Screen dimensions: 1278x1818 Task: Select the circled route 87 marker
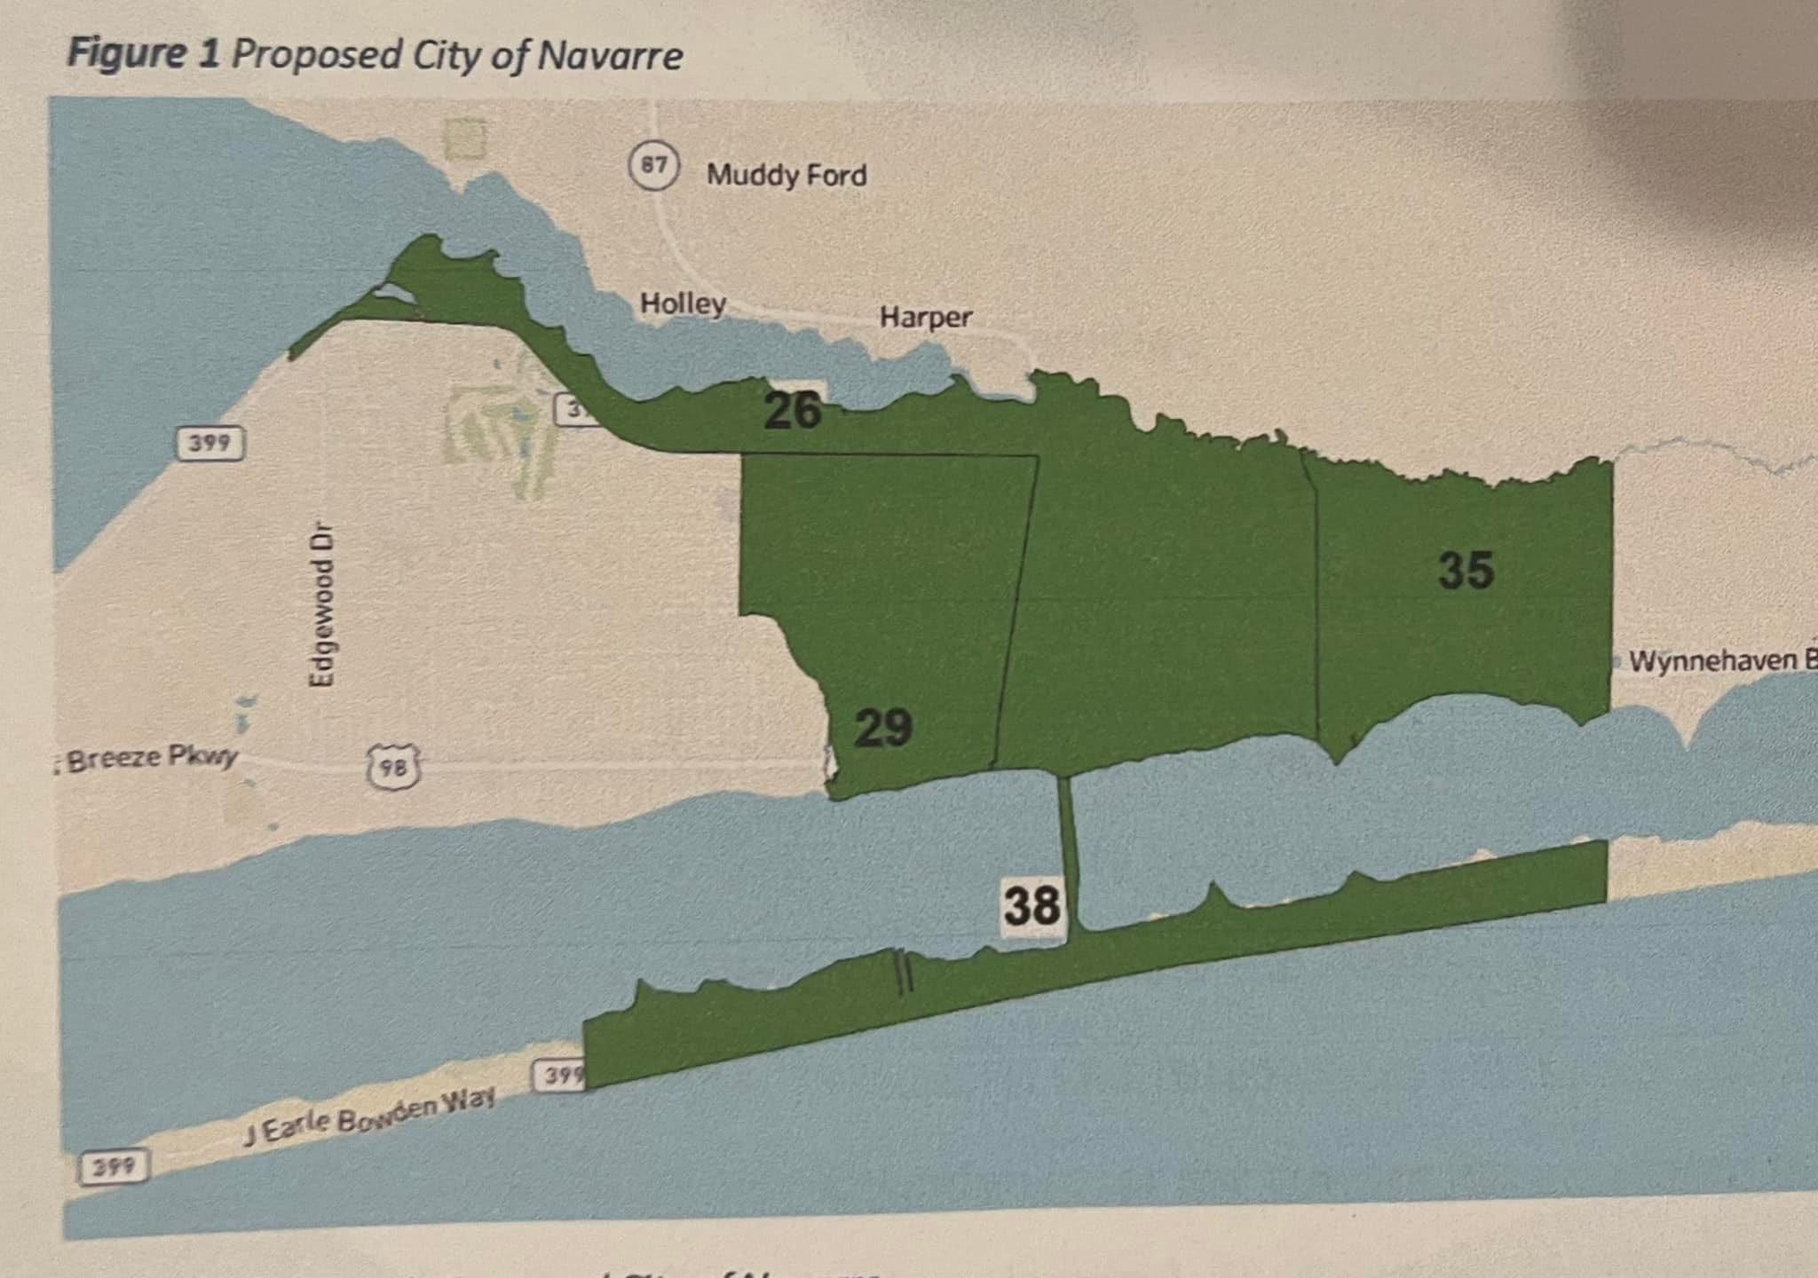pos(654,165)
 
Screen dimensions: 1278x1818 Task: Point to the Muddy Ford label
pos(786,175)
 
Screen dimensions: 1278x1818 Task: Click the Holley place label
pos(683,304)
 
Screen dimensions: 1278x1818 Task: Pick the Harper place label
pos(926,317)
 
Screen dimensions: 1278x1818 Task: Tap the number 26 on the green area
pos(793,410)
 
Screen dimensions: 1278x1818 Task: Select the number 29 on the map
pos(883,728)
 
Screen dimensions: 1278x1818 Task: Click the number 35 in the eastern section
pos(1466,570)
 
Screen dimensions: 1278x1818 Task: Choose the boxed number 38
pos(1032,906)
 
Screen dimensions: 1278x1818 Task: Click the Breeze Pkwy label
pos(151,759)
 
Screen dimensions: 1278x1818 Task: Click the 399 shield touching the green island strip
pos(559,1076)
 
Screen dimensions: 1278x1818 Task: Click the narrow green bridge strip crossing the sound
pos(1068,852)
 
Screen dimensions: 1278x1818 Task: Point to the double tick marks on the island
pos(903,971)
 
